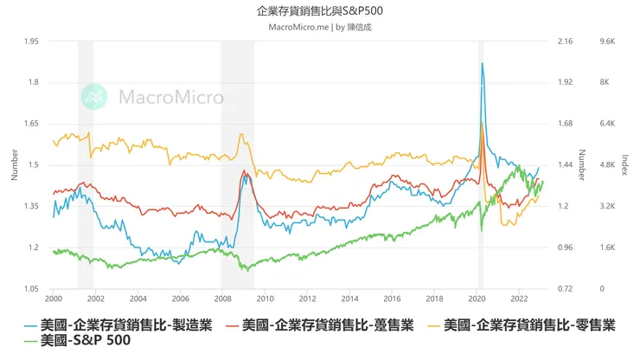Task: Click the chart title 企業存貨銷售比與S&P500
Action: [320, 11]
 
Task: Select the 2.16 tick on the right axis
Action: [566, 42]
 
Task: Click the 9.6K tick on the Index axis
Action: [605, 42]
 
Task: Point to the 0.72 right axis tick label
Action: [566, 288]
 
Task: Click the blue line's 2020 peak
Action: [482, 63]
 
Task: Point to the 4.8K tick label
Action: [605, 164]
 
